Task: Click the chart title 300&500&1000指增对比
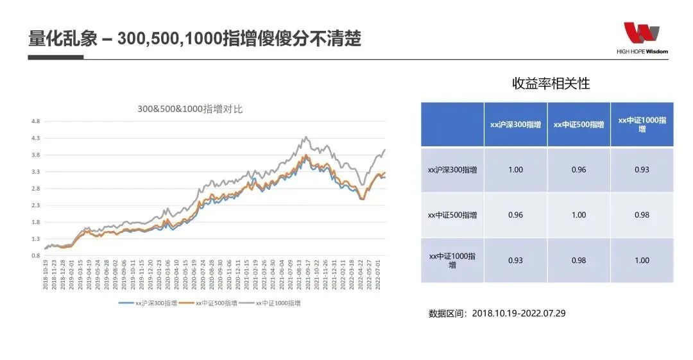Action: click(x=190, y=110)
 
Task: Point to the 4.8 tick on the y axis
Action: click(x=36, y=121)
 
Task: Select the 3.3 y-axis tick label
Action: click(x=36, y=172)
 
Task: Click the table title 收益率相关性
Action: click(x=551, y=83)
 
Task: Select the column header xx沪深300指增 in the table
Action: click(x=515, y=124)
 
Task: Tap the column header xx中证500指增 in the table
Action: click(x=579, y=124)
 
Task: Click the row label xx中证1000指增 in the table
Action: click(x=452, y=260)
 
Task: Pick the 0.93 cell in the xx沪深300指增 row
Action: click(x=642, y=170)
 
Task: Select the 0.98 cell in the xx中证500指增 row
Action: click(x=642, y=215)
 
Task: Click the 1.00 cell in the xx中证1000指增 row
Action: click(x=642, y=260)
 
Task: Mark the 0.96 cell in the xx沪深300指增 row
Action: click(x=579, y=170)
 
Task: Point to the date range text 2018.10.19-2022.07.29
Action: click(x=518, y=314)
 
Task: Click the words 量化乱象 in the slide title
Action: click(x=63, y=39)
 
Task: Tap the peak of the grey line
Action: click(x=306, y=137)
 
